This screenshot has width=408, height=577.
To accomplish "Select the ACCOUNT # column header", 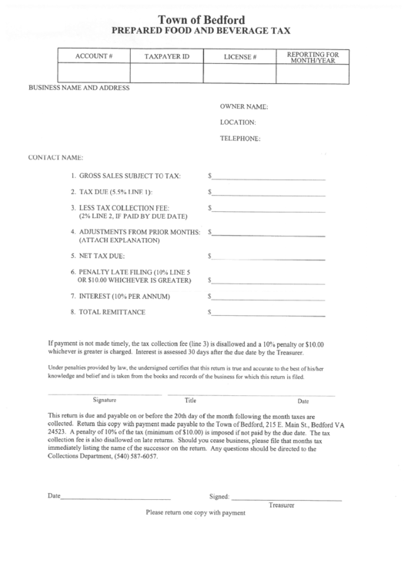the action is (94, 57).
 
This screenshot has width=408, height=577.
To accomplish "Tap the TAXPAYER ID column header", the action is (166, 57).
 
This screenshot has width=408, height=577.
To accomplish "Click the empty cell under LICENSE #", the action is (239, 74).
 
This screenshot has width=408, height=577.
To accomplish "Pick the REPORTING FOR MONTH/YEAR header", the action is (313, 57).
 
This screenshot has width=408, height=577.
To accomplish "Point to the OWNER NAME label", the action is (243, 106).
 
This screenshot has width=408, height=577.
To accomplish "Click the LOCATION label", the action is (238, 122).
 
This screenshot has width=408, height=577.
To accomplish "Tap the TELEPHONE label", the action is (241, 139).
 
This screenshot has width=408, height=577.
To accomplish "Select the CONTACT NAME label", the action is (55, 157).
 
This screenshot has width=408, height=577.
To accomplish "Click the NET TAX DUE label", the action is (99, 255).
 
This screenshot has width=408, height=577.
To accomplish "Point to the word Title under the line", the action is (191, 400).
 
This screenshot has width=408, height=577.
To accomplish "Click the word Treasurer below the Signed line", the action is (282, 505).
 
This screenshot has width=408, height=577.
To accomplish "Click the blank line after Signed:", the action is (286, 498).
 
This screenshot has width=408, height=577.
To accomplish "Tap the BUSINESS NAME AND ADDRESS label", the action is (79, 87).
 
